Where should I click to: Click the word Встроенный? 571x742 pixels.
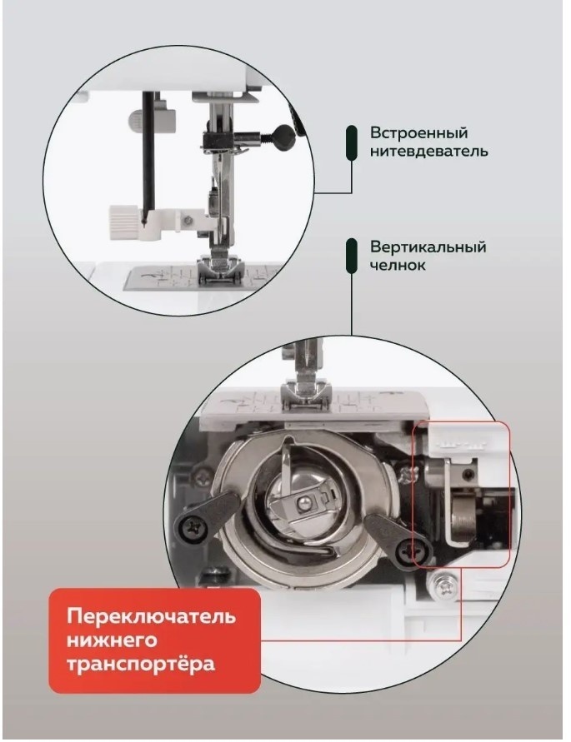pyautogui.click(x=418, y=133)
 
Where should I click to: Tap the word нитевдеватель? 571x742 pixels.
pyautogui.click(x=428, y=152)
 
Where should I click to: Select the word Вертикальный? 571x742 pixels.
pyautogui.click(x=428, y=247)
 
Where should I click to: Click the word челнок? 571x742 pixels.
pyautogui.click(x=398, y=265)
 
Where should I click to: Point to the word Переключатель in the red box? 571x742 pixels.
pyautogui.click(x=151, y=616)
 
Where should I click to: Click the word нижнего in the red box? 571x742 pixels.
pyautogui.click(x=112, y=640)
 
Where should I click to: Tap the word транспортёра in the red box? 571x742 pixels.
pyautogui.click(x=140, y=664)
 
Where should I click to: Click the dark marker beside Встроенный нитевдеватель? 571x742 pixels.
pyautogui.click(x=352, y=142)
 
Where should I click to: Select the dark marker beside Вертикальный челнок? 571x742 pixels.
pyautogui.click(x=352, y=256)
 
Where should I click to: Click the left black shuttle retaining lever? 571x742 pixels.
pyautogui.click(x=205, y=517)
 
